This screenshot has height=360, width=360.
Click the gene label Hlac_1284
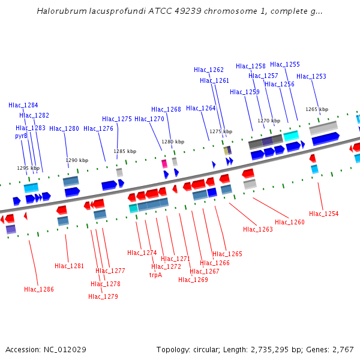tap(23, 105)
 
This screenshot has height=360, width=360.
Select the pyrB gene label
tap(22, 136)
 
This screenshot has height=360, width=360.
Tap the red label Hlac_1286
tap(39, 289)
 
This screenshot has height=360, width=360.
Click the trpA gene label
tap(155, 275)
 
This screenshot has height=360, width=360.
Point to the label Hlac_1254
tap(323, 214)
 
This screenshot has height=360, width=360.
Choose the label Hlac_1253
tap(311, 76)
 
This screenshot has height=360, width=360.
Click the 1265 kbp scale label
tap(317, 109)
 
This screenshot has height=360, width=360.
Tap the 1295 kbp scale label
tap(28, 168)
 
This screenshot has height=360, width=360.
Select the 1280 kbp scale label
tap(173, 142)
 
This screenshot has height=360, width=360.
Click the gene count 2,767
tap(341, 349)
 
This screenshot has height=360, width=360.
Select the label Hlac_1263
tap(258, 229)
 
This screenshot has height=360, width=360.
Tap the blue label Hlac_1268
tap(166, 109)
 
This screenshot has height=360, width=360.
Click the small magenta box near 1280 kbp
tap(164, 163)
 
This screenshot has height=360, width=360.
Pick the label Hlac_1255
tap(285, 64)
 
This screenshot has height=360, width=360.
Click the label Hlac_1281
tap(70, 266)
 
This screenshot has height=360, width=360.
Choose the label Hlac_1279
tap(103, 296)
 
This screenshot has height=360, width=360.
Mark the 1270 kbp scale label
tap(269, 121)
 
